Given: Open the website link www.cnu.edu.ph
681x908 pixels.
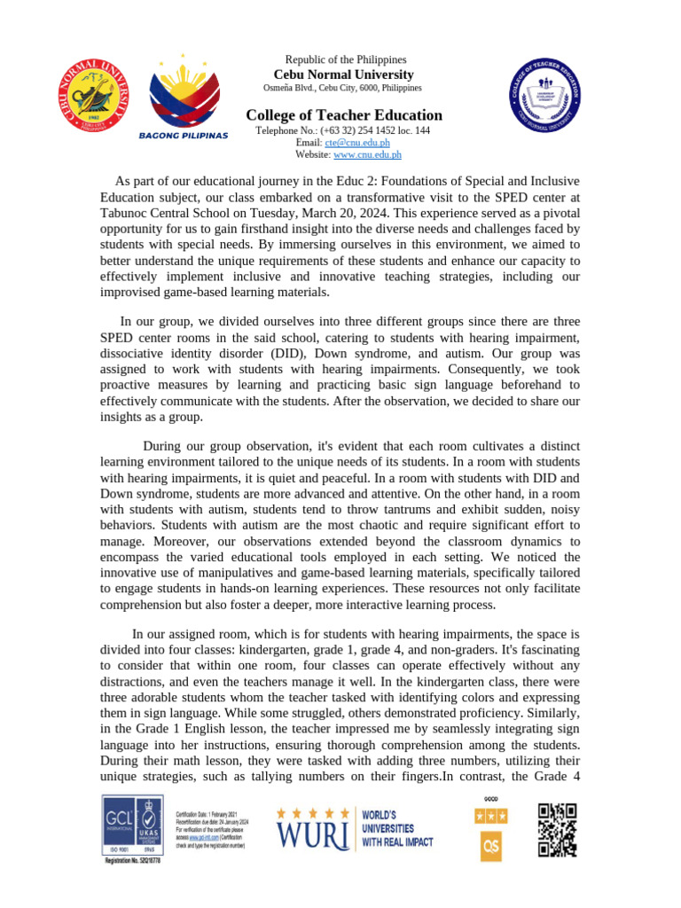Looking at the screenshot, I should (x=367, y=154).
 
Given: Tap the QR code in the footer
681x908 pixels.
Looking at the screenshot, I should (x=558, y=830).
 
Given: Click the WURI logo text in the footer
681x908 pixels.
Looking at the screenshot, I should (x=311, y=834).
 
